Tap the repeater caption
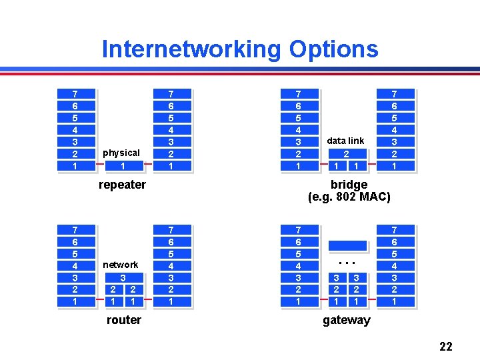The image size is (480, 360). coord(122,185)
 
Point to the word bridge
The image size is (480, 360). coord(349,185)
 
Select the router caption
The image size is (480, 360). coord(124,320)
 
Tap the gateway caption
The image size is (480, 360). coord(346,320)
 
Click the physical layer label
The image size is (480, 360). coord(121,153)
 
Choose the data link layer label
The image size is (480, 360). coord(345,141)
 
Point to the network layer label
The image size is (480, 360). coord(121,265)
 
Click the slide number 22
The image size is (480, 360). coord(445,346)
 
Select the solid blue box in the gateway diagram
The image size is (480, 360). coord(347,245)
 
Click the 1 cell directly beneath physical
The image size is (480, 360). coord(123,165)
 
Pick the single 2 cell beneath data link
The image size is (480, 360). coord(346,153)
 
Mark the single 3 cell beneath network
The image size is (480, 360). coord(123,277)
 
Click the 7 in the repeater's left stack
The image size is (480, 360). coord(75,94)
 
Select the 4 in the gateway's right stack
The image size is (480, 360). coord(394,265)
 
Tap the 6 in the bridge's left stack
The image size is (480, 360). coord(298,106)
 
